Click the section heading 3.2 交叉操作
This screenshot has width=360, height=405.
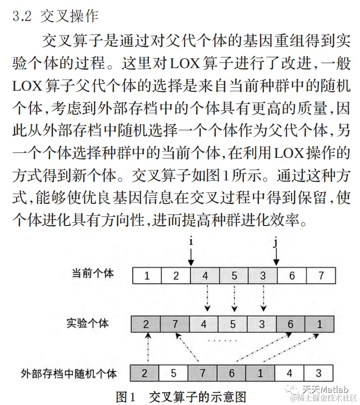pos(55,16)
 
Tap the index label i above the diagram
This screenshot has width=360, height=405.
pos(191,241)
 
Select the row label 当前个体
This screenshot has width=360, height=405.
pos(92,273)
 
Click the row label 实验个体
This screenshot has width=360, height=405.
pos(87,323)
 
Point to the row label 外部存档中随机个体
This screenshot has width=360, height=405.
pos(69,374)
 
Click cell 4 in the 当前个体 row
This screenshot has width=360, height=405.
pos(205,276)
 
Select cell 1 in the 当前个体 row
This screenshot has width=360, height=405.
pos(147,276)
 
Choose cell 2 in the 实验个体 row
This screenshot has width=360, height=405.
pos(146,324)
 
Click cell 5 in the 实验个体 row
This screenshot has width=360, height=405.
pos(234,324)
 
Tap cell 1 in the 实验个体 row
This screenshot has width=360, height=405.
pos(320,324)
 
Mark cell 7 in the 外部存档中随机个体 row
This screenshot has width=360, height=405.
pos(203,374)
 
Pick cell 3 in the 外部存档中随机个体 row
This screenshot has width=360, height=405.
pos(319,374)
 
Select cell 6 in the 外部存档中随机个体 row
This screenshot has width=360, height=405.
pos(232,374)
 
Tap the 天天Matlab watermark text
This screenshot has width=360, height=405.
pos(324,389)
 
